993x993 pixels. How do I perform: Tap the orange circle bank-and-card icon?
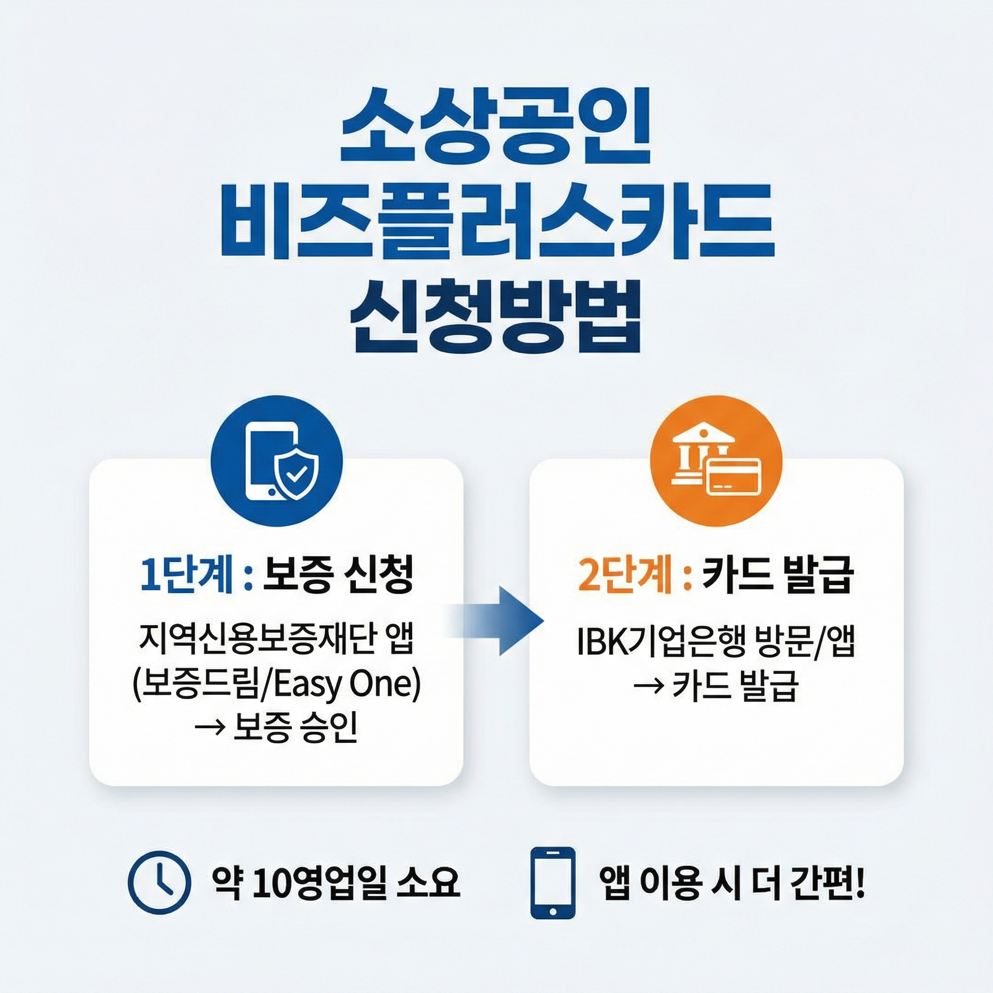click(716, 461)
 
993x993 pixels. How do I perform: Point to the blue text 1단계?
click(186, 577)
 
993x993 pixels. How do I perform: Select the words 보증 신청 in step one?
click(337, 577)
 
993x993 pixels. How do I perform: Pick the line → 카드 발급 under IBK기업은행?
click(716, 686)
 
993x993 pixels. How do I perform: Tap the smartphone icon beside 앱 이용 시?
click(553, 882)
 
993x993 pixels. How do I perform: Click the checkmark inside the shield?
click(297, 474)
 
